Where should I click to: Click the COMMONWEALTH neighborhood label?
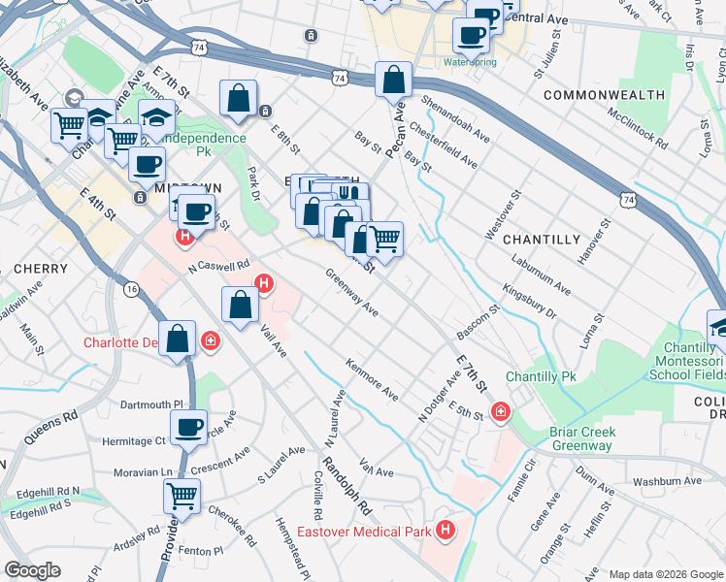point(605,95)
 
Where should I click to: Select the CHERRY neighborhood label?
point(41,268)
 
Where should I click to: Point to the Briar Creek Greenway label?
point(569,439)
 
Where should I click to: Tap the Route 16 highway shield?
point(132,288)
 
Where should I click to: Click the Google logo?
point(33,570)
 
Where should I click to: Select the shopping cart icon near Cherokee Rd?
point(181,495)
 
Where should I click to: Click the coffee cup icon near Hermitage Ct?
point(188,425)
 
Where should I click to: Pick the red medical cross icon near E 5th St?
point(501,412)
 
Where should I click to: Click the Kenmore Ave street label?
point(373,382)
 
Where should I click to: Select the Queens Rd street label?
point(58,428)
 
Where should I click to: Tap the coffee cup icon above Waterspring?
point(472,34)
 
